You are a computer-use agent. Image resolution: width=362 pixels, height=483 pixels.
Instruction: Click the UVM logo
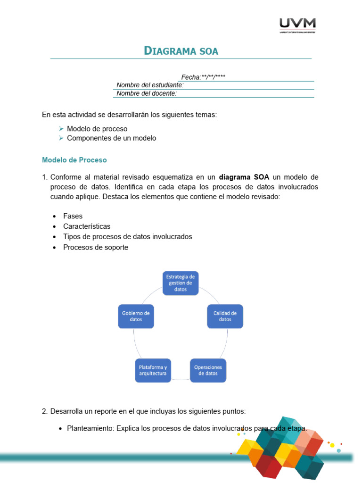(x=297, y=25)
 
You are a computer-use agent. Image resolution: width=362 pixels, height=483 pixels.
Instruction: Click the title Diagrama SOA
(x=181, y=51)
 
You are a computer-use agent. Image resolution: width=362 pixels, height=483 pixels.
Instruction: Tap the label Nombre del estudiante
(x=150, y=85)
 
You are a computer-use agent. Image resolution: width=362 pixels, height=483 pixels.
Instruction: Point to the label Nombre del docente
(x=147, y=93)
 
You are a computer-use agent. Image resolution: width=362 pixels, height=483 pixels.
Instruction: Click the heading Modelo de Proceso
(x=74, y=160)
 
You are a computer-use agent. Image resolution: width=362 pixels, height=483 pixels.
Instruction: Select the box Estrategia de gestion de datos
(x=181, y=283)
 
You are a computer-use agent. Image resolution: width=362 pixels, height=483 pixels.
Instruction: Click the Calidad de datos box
(x=225, y=316)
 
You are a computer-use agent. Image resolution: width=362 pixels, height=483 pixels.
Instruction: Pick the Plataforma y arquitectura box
(x=153, y=370)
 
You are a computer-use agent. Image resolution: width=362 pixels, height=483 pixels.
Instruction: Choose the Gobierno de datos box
(x=136, y=316)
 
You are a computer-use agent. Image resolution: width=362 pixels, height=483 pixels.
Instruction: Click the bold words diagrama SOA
(x=244, y=177)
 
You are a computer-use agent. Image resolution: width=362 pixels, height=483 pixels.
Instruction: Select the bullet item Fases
(x=73, y=216)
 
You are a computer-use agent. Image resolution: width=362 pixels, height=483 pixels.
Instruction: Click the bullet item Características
(x=87, y=226)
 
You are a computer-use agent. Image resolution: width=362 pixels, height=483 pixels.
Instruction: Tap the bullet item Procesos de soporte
(x=96, y=247)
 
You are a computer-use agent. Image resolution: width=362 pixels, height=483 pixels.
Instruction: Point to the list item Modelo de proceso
(x=97, y=129)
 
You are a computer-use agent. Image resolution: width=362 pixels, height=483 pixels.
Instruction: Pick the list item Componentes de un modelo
(x=111, y=138)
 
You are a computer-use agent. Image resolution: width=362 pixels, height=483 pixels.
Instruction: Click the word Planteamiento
(x=90, y=429)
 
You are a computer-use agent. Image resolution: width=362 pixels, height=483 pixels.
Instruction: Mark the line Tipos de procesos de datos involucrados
(x=128, y=237)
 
